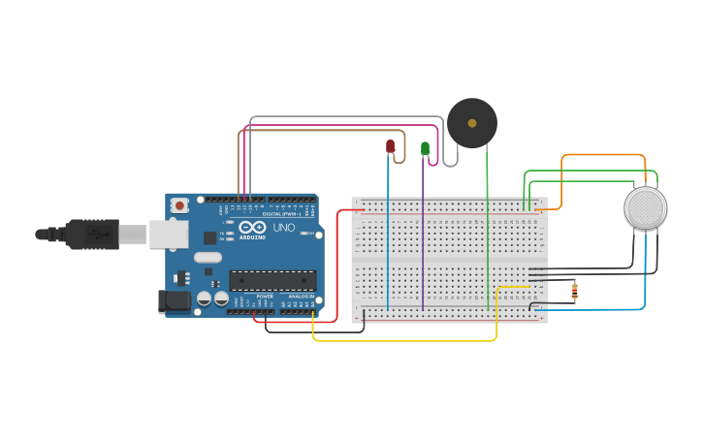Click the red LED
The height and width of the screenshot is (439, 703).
[390, 146]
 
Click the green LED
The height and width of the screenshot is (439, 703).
[425, 147]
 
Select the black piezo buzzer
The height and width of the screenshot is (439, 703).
[472, 123]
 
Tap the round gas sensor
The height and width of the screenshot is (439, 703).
[646, 208]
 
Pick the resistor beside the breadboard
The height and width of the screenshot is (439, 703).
[574, 290]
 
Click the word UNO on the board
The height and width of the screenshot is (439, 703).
[283, 228]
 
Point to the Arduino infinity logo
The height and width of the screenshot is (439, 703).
[252, 227]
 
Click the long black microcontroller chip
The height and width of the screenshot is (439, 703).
[272, 281]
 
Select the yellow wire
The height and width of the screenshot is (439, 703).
[407, 340]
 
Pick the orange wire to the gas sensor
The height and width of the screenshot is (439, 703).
[601, 155]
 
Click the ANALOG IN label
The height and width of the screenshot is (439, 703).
[302, 296]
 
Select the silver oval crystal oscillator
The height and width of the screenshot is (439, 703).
[208, 258]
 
